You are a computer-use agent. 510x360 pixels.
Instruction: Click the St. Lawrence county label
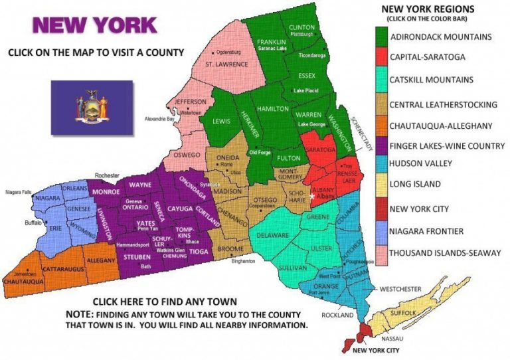(x=227, y=64)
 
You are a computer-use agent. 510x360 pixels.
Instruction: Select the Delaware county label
(x=273, y=235)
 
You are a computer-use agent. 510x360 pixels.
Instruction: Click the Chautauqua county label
(x=24, y=282)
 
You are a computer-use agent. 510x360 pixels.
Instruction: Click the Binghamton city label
(x=243, y=261)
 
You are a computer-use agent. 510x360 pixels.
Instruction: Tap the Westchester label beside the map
(x=400, y=289)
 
